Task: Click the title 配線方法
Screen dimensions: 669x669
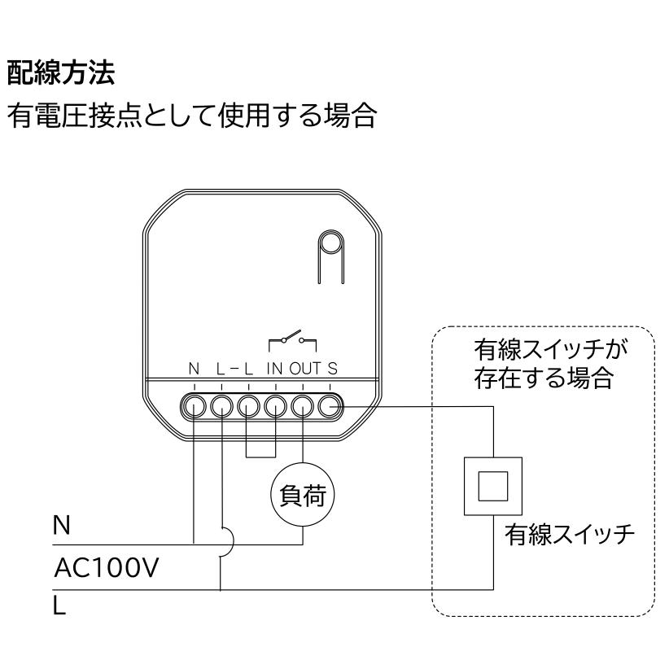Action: click(x=61, y=72)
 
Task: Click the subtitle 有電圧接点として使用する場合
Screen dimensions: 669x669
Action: click(x=192, y=116)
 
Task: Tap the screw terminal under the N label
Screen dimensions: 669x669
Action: click(x=195, y=405)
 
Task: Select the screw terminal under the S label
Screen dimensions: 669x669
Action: click(x=330, y=405)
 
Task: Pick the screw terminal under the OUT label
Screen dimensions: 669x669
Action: click(x=303, y=405)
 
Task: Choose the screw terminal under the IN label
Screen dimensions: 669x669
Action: click(x=276, y=405)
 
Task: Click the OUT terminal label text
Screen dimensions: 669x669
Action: click(x=305, y=368)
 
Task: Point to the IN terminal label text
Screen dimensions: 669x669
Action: click(x=275, y=368)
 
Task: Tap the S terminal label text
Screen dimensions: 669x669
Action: click(x=332, y=368)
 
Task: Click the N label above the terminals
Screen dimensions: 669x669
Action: click(x=195, y=368)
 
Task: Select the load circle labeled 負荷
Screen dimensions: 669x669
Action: click(x=303, y=495)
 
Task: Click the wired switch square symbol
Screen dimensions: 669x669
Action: click(x=493, y=487)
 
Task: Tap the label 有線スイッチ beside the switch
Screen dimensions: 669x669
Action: click(x=570, y=535)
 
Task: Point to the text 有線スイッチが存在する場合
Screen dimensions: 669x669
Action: click(x=550, y=364)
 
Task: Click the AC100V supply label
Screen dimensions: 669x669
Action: click(x=107, y=567)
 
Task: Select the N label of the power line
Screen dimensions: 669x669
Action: click(x=61, y=525)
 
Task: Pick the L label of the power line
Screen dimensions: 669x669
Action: click(x=59, y=605)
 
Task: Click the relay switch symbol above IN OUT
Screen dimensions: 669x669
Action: click(x=293, y=340)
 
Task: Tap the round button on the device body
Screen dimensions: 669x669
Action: click(x=331, y=244)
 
